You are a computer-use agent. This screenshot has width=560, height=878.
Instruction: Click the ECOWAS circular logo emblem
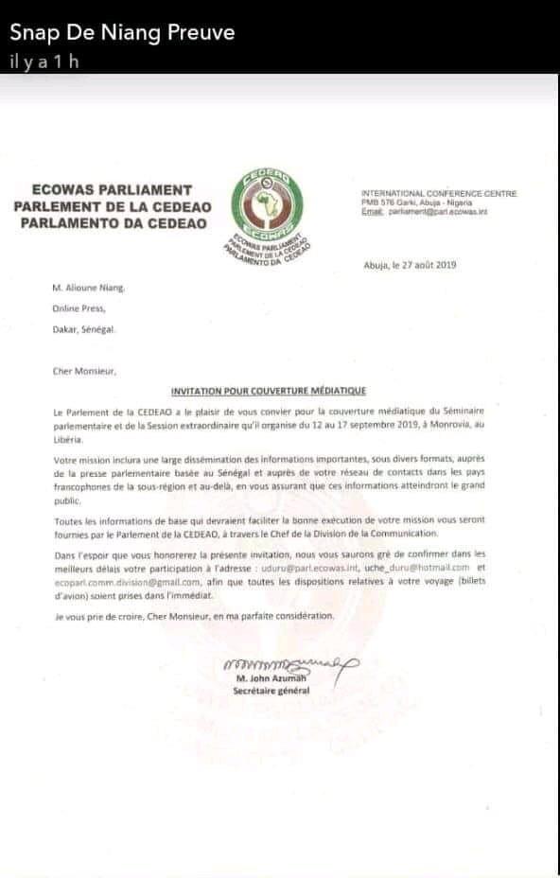[267, 202]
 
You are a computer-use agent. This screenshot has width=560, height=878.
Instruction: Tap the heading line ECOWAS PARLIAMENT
[112, 189]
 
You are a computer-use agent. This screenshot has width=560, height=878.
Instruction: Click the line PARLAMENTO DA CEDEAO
[112, 222]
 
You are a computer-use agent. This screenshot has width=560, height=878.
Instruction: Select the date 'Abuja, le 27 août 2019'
[410, 265]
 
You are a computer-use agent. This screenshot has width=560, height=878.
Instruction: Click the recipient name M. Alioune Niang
[88, 289]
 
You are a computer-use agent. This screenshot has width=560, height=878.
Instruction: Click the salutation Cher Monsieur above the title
[84, 372]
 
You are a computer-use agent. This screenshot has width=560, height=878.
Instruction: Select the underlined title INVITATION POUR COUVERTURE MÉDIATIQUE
[268, 390]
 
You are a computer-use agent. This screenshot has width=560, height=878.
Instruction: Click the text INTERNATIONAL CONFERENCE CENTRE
[439, 194]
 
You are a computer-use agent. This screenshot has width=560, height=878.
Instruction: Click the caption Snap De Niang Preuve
[121, 33]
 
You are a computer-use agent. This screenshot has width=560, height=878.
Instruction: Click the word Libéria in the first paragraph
[67, 440]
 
